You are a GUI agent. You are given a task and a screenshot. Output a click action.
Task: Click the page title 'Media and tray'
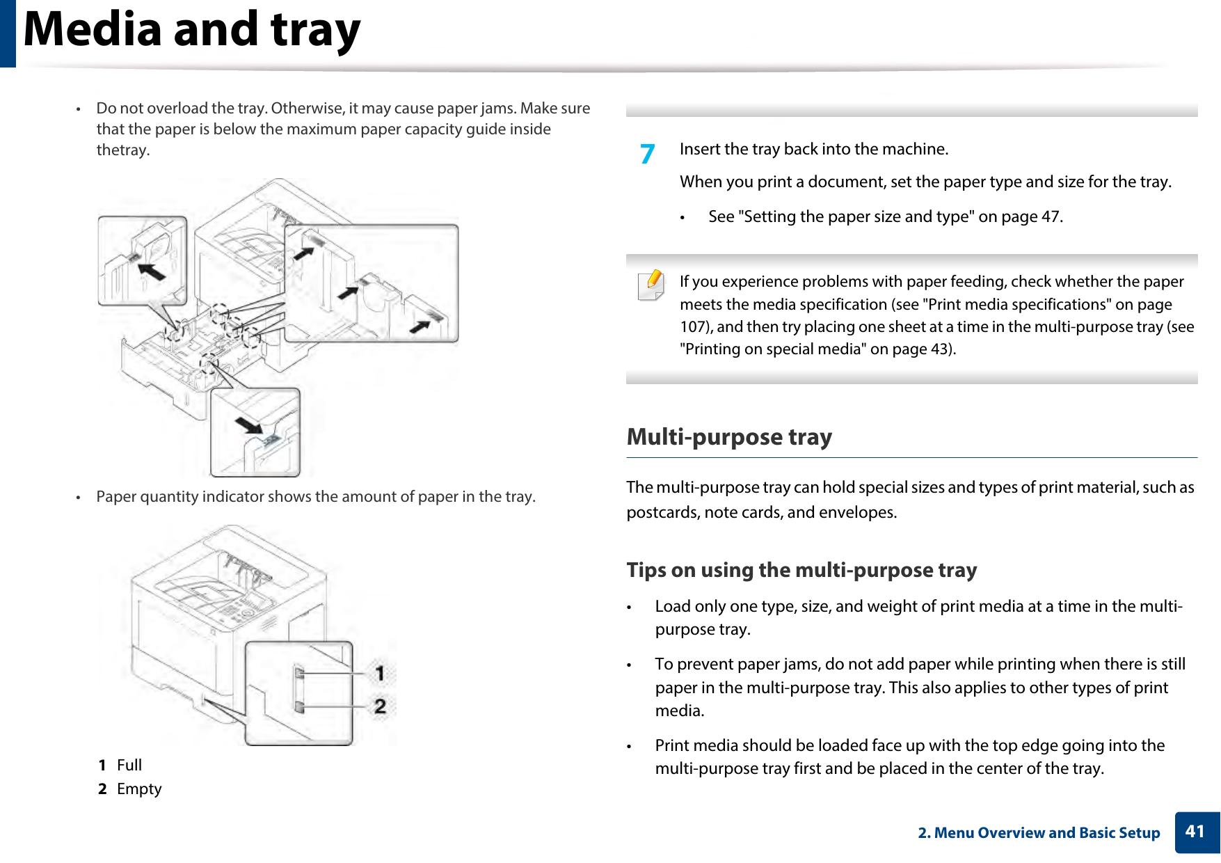click(192, 31)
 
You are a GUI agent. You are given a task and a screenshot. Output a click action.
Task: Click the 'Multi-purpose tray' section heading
click(729, 437)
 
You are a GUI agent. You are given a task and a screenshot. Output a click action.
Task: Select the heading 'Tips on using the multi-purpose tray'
click(801, 570)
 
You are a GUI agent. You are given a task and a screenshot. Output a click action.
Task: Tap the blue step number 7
click(648, 153)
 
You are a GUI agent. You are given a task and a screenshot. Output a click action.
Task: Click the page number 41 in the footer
click(1195, 832)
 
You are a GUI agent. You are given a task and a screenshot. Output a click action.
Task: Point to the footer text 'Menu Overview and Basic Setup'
click(1046, 833)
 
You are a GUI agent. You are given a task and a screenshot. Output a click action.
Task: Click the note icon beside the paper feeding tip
click(651, 285)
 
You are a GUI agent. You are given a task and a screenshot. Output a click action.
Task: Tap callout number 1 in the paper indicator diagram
click(380, 673)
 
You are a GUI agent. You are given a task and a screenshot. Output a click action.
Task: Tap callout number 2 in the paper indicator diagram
click(380, 706)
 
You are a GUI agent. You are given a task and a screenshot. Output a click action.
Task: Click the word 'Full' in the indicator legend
click(129, 766)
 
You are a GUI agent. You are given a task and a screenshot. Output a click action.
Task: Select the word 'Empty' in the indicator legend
click(139, 789)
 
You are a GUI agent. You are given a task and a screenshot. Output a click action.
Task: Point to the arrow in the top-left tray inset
click(152, 270)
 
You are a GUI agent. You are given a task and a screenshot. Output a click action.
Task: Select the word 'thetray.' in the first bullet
click(123, 150)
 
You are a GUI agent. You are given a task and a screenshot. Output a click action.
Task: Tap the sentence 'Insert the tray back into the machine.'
click(814, 150)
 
